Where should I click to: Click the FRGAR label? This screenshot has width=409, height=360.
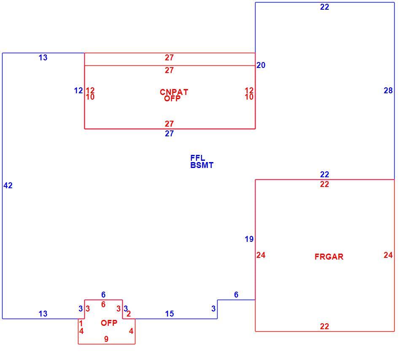[x=329, y=257]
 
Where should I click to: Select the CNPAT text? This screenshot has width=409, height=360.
[x=174, y=92]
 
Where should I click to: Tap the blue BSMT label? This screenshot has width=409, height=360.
[x=202, y=165]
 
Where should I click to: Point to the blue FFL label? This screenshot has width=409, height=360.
[x=198, y=158]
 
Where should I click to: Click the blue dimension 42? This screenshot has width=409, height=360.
[x=8, y=185]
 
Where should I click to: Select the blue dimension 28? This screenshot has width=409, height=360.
[x=388, y=90]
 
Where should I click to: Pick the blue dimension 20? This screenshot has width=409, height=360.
[x=261, y=65]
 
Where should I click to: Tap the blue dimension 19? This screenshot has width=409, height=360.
[x=249, y=239]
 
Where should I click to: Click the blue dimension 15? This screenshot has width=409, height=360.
[x=170, y=314]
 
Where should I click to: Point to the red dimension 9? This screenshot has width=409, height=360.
[x=106, y=339]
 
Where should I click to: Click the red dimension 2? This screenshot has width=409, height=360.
[x=129, y=314]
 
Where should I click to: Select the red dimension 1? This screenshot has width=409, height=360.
[x=81, y=323]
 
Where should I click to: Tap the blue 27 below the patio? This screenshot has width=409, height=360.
[x=169, y=133]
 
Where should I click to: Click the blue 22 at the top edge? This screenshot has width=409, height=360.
[x=325, y=7]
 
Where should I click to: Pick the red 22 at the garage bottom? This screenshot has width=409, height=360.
[x=325, y=326]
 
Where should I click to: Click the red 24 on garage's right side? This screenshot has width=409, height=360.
[x=388, y=255]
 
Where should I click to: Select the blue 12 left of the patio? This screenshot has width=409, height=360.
[x=78, y=90]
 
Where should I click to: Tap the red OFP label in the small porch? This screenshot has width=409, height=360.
[x=109, y=323]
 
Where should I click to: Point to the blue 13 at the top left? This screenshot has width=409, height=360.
[x=43, y=57]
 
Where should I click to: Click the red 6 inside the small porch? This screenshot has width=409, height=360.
[x=103, y=304]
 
